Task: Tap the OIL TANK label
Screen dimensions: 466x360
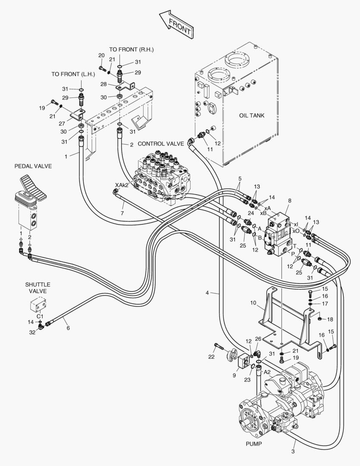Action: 251,116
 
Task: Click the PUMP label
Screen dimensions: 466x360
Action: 254,443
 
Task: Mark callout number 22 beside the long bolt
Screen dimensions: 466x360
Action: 211,357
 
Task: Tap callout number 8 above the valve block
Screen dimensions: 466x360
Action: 290,201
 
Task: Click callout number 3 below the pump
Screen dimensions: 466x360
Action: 293,451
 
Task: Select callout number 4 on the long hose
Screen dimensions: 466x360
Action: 207,293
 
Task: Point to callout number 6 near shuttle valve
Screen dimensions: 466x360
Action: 68,328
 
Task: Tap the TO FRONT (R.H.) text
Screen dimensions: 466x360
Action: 131,50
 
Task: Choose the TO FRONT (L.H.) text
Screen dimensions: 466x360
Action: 73,74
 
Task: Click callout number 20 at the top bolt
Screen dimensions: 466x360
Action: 101,55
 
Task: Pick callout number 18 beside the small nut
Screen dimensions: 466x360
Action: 330,319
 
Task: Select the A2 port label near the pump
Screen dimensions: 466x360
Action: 267,372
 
